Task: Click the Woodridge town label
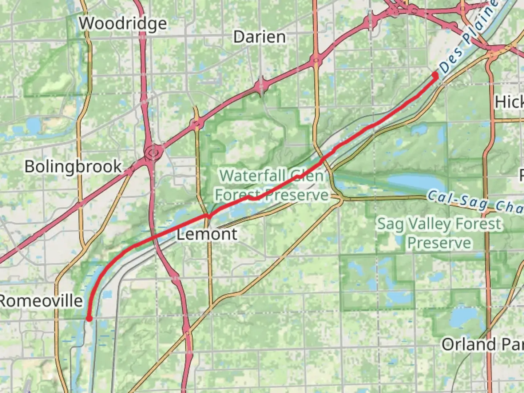(123, 24)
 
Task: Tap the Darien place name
(259, 37)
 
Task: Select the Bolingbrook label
(73, 167)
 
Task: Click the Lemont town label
(207, 234)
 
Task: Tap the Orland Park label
(482, 344)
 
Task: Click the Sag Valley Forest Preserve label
(439, 233)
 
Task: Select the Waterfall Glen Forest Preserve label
(271, 186)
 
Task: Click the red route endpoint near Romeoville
(89, 319)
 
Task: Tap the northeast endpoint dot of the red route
(435, 75)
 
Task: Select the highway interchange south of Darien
(261, 87)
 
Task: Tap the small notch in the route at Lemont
(208, 216)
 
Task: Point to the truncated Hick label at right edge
(509, 102)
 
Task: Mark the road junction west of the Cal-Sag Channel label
(340, 199)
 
